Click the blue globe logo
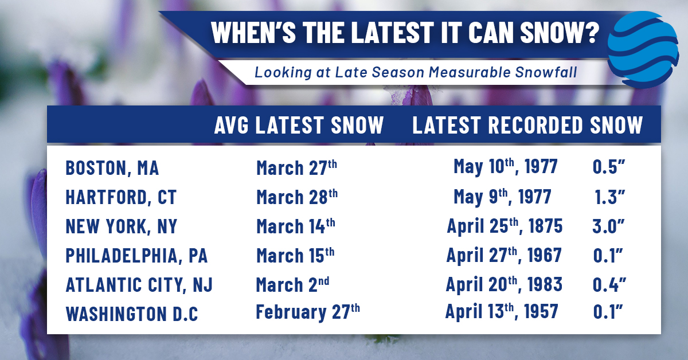tap(643, 49)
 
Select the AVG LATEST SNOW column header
tap(299, 125)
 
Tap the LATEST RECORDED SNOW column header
tap(527, 125)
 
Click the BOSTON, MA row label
tap(112, 169)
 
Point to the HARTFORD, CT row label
tap(121, 197)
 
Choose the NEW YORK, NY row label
tap(122, 226)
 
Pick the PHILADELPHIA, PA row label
tap(136, 256)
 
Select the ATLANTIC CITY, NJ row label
tap(139, 285)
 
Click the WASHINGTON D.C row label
tap(132, 314)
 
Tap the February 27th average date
tap(308, 312)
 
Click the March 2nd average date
tap(292, 285)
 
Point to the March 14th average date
tap(296, 226)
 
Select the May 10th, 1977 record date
tap(506, 167)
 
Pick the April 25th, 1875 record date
tap(505, 226)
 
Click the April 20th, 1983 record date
tap(504, 284)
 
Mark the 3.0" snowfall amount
tap(608, 226)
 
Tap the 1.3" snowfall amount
tap(609, 197)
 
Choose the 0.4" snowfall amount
tap(609, 285)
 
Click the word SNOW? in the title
tap(560, 33)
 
